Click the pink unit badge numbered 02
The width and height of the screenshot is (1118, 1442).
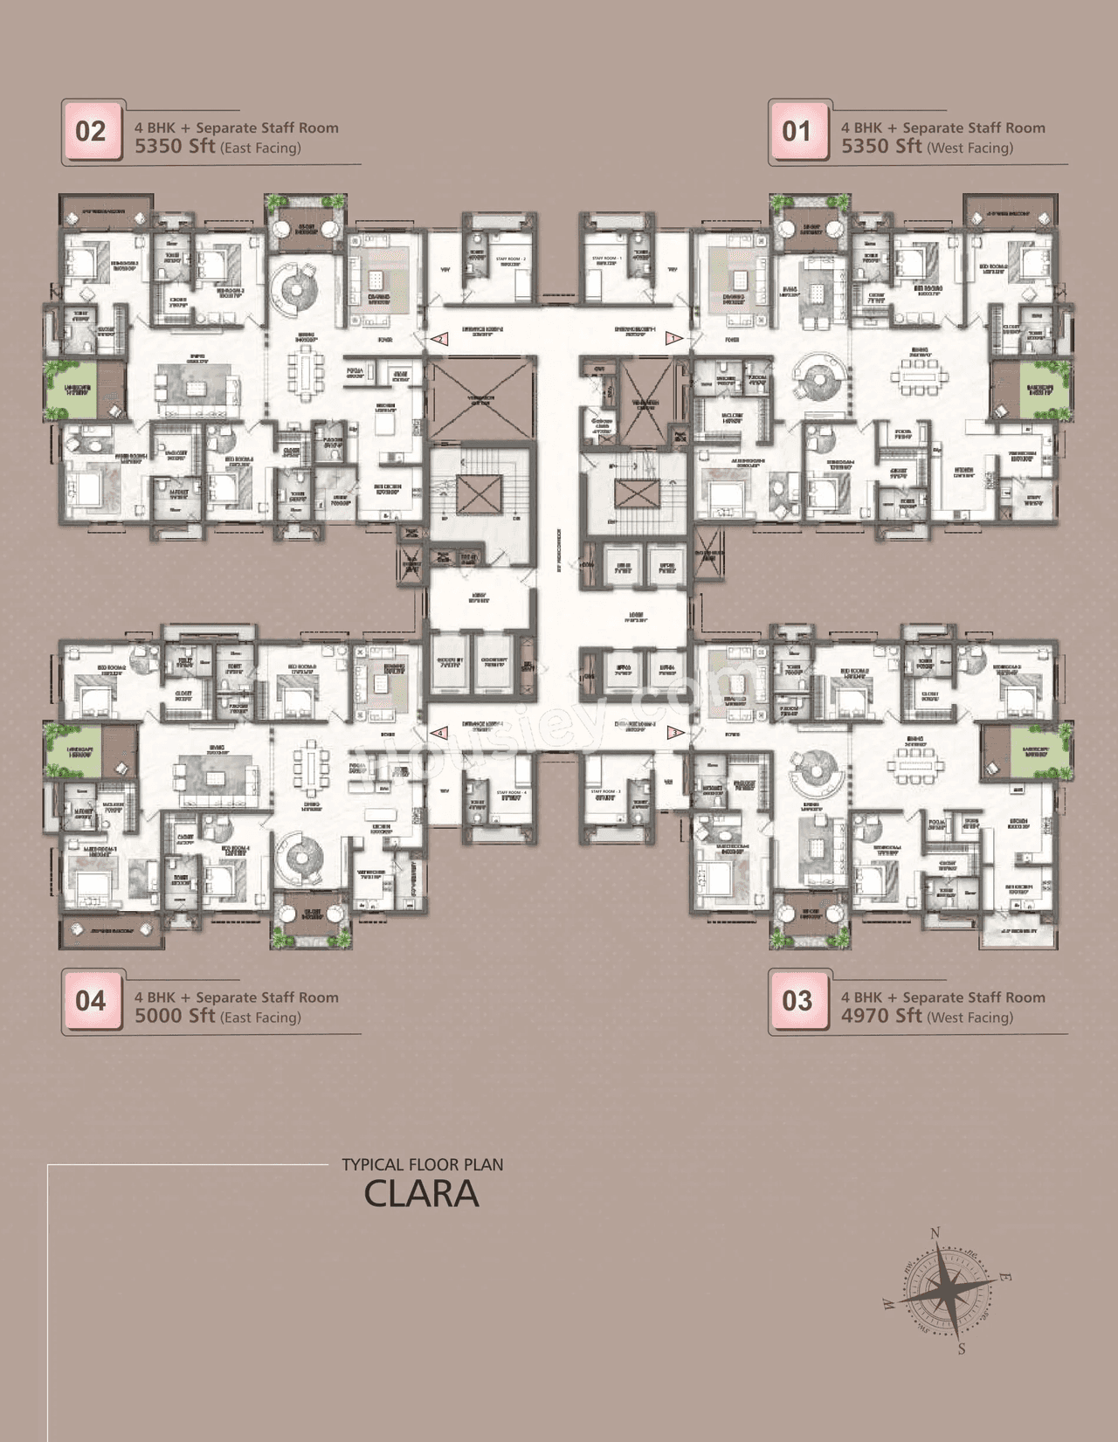point(91,132)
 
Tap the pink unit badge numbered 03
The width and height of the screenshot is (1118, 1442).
point(797,1001)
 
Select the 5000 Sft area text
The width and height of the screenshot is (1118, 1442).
point(175,1016)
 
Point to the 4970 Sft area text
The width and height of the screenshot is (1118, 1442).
point(881,1016)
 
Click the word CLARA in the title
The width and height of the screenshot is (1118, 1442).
point(421,1194)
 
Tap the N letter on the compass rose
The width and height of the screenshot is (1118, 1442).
point(935,1233)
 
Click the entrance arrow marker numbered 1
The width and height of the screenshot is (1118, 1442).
point(673,337)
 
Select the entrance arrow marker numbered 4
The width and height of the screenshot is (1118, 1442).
point(442,733)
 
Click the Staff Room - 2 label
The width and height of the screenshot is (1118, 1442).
point(511,259)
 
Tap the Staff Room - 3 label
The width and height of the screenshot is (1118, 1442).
point(605,791)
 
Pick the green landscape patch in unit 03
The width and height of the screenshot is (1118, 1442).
point(1039,751)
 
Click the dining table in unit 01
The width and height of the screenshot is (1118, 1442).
point(919,376)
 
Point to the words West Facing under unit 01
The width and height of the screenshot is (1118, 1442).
point(970,148)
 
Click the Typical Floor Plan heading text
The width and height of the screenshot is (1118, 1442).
point(422,1164)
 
